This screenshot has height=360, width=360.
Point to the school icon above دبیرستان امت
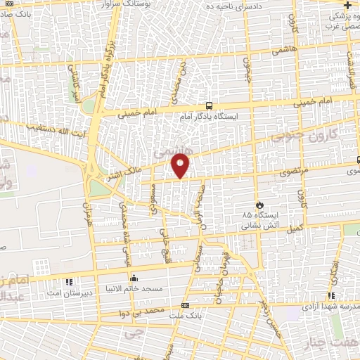coord(68,283)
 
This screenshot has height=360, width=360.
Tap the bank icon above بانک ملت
coord(185,306)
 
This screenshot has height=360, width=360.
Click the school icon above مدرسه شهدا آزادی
coord(330,296)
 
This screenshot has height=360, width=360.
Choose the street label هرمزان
coord(88,211)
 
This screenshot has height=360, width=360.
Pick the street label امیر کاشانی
coord(75,86)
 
